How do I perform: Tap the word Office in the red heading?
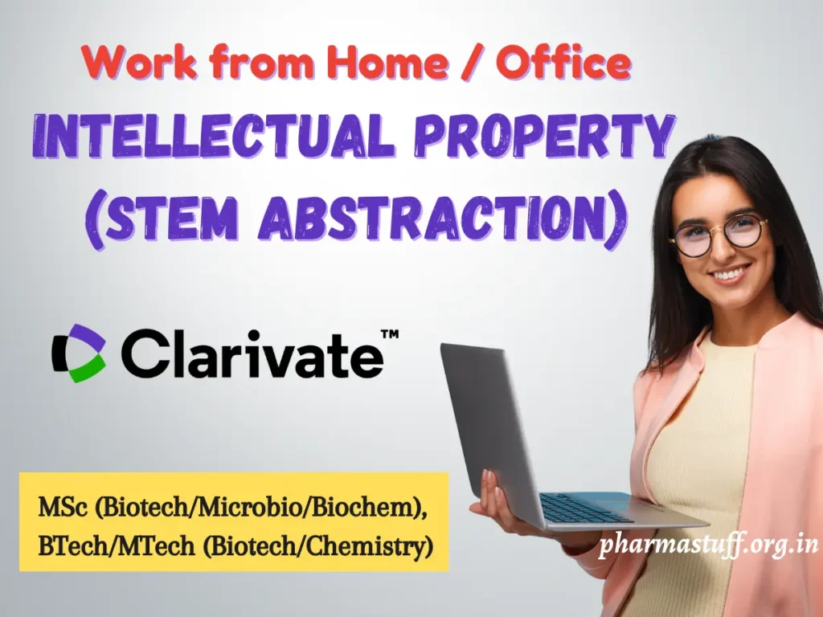pos(562,62)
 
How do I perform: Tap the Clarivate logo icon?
pos(79,353)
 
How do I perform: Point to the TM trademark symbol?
pos(389,333)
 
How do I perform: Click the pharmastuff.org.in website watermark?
pos(708,545)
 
